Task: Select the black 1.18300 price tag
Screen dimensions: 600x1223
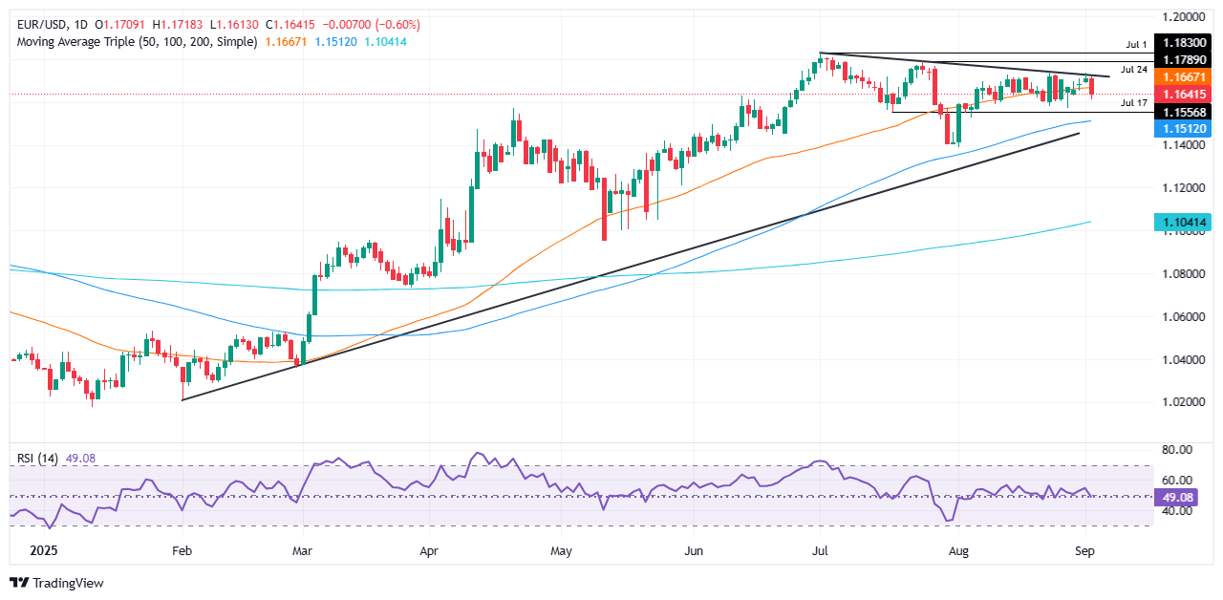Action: [1185, 44]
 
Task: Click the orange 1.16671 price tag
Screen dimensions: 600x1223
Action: [1185, 76]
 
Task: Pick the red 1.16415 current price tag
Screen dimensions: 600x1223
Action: [1185, 94]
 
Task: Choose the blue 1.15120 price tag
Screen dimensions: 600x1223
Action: [1185, 128]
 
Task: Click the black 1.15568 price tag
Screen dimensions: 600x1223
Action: [1185, 111]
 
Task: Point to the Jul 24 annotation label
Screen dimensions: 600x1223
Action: [1133, 69]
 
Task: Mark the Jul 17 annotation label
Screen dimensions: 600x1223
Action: [1133, 102]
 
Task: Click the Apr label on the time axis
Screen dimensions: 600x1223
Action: [429, 551]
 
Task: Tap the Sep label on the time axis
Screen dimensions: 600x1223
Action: [1084, 551]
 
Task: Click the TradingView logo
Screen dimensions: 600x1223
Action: [56, 582]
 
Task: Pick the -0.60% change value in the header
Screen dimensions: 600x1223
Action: [398, 24]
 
